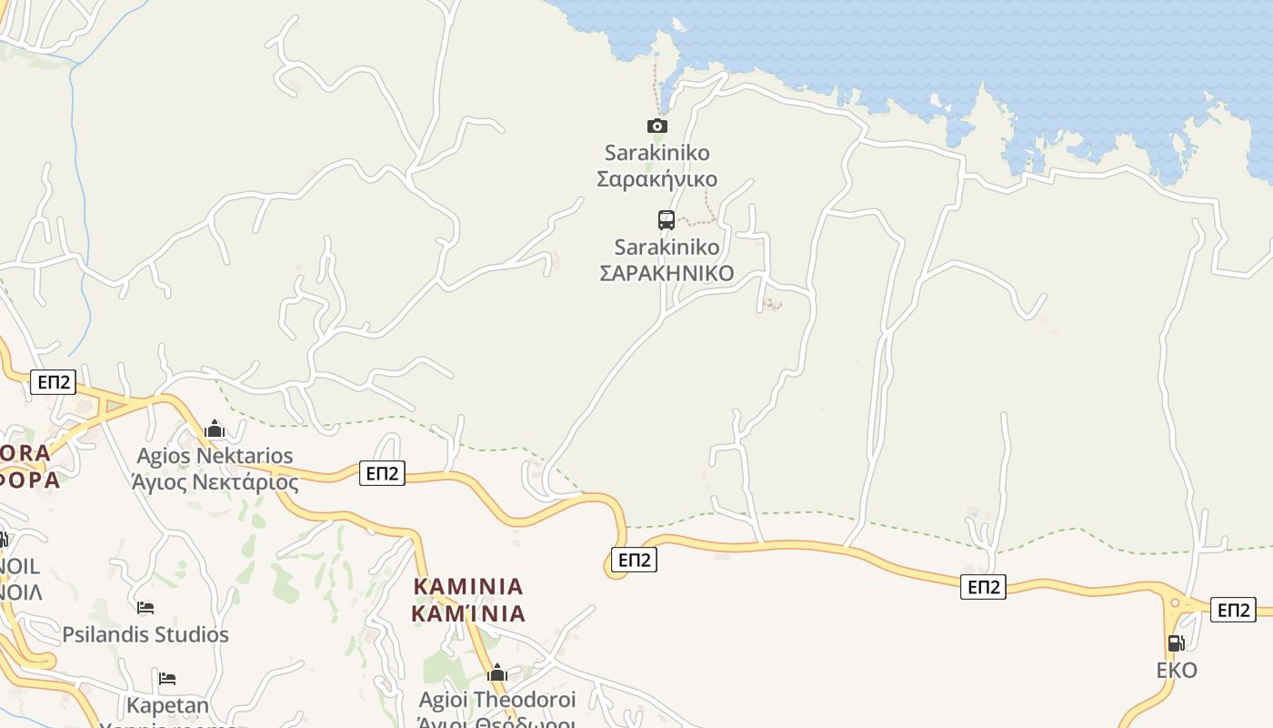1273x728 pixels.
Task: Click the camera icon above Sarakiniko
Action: [x=657, y=126]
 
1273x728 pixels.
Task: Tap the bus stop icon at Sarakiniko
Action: [x=667, y=219]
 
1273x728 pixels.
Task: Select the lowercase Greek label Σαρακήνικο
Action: [x=657, y=178]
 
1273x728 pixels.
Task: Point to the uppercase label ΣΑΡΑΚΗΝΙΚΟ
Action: [x=667, y=273]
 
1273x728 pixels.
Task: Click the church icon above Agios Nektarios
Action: [x=215, y=429]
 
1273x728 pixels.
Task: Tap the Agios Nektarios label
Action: [x=215, y=455]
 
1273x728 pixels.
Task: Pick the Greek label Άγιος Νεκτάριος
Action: [x=215, y=481]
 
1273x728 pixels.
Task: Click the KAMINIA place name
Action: [x=468, y=586]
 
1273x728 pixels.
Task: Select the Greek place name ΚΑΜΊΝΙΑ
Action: [x=468, y=613]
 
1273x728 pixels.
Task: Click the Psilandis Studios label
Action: [x=145, y=634]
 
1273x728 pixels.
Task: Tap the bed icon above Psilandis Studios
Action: [x=145, y=607]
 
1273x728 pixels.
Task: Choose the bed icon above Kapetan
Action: [x=167, y=678]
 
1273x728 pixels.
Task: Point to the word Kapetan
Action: [x=167, y=705]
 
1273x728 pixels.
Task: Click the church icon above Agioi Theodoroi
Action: [x=497, y=673]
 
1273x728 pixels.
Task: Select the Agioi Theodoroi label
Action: [x=497, y=700]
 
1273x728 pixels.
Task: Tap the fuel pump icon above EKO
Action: [x=1176, y=643]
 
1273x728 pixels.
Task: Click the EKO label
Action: [x=1177, y=671]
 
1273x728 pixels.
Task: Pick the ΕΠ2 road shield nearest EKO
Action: [x=1233, y=610]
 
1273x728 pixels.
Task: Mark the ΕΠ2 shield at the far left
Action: [x=54, y=381]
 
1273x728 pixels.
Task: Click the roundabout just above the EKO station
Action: [x=1176, y=602]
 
